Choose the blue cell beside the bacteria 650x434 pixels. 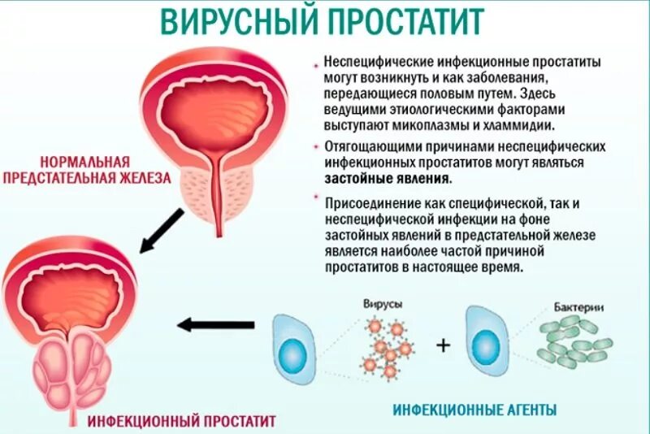(x=487, y=342)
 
